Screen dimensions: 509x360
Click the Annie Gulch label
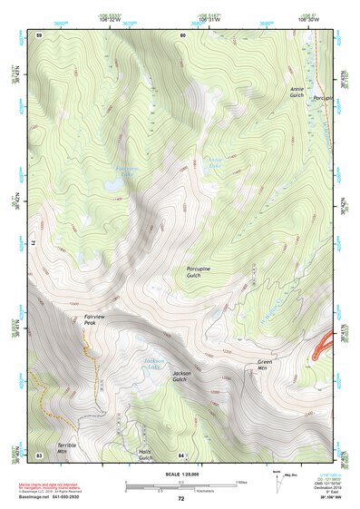click(296, 93)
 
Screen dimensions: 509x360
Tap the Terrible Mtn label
click(68, 448)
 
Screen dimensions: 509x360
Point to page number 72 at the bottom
click(180, 499)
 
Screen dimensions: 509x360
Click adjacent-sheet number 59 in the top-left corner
click(39, 34)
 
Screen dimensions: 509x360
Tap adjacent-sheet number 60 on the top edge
click(182, 34)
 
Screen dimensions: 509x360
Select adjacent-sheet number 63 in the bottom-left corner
click(39, 454)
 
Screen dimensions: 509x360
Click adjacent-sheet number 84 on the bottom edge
click(182, 454)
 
